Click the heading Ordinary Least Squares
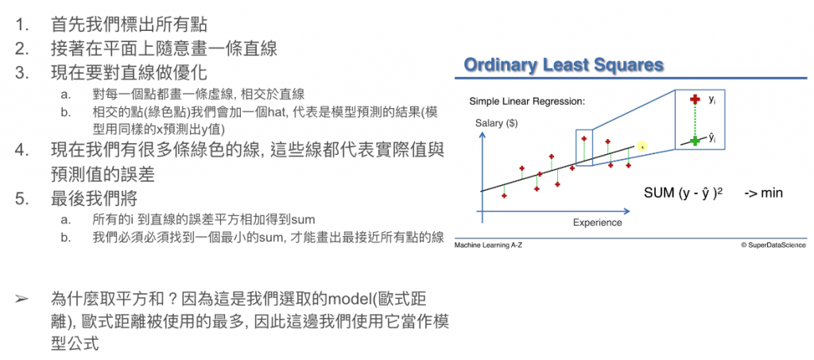[564, 65]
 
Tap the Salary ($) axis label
[496, 123]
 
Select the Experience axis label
[597, 223]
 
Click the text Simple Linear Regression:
[527, 101]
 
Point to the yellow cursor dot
[642, 147]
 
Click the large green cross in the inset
[693, 140]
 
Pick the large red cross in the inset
[693, 100]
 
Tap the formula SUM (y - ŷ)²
[684, 193]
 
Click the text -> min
[763, 193]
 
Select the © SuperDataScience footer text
[773, 245]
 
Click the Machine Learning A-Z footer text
[488, 245]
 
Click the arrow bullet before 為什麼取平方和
[21, 300]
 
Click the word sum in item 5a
[309, 219]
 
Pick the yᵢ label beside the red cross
[711, 99]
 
